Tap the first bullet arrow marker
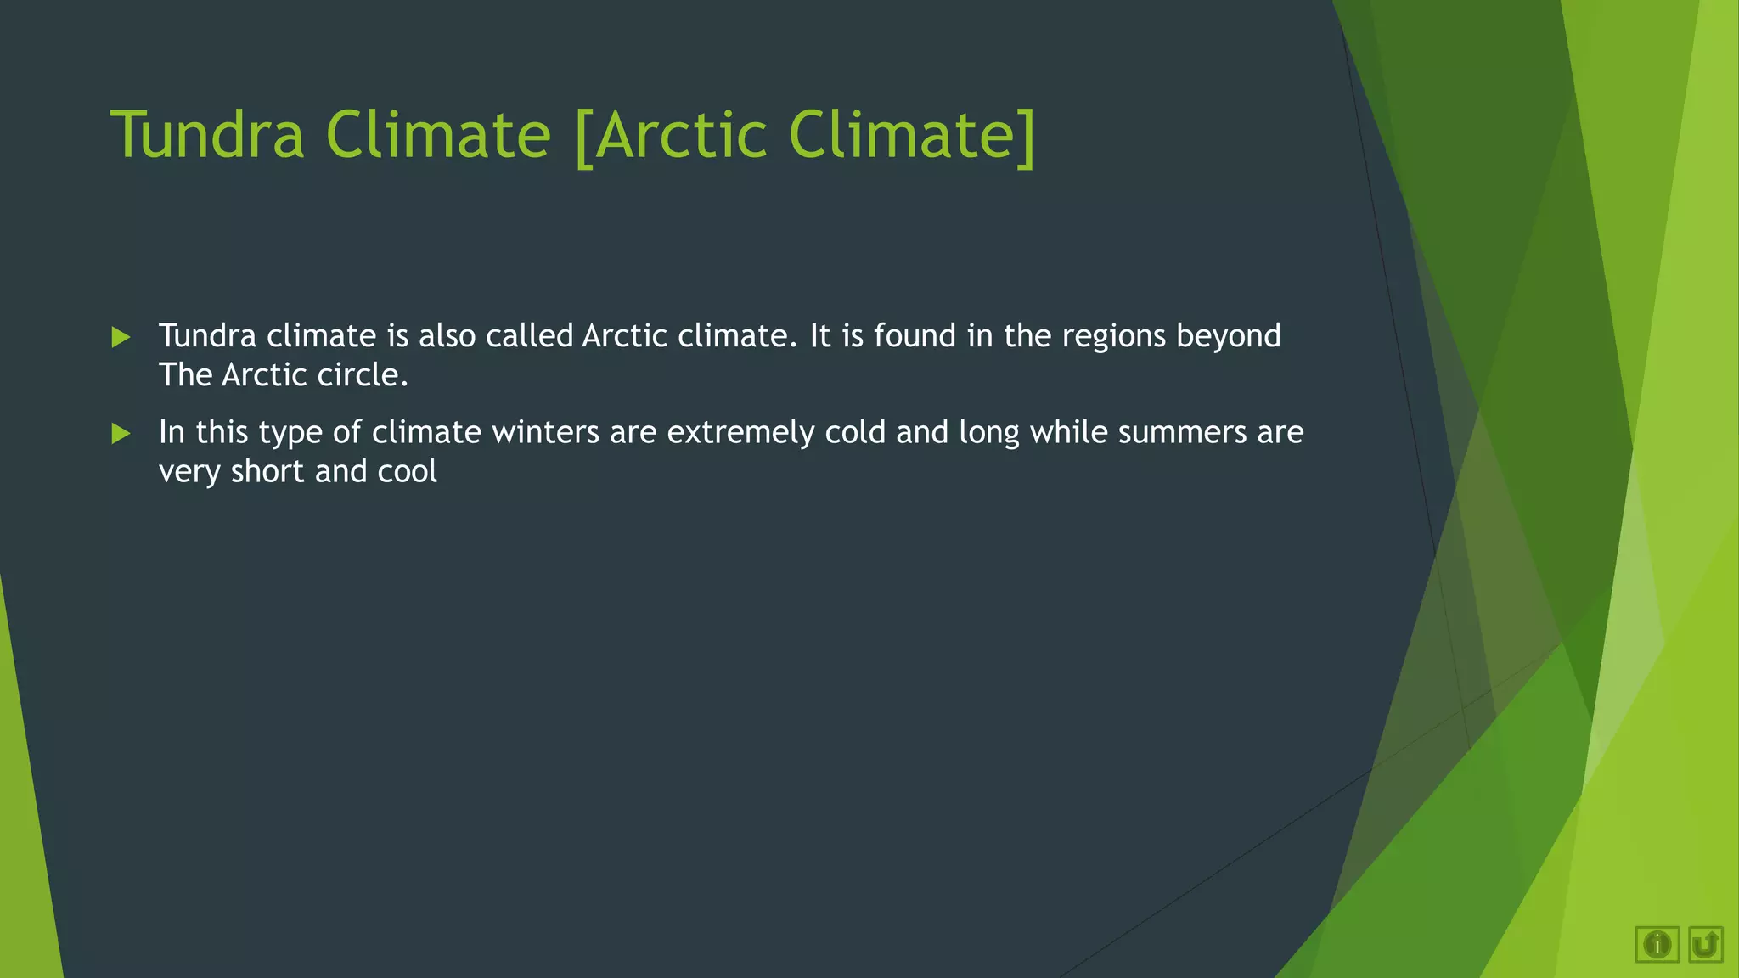121,338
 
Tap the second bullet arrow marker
121,434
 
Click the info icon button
1657,944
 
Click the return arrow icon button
1705,944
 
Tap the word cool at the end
408,472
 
